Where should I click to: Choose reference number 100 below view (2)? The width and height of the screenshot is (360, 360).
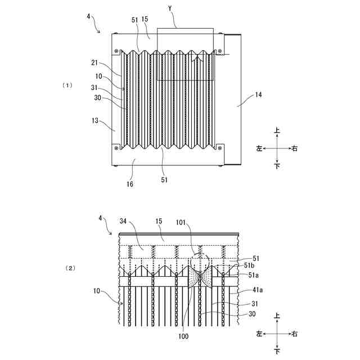pyautogui.click(x=183, y=336)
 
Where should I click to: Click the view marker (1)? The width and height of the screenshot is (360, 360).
pyautogui.click(x=67, y=85)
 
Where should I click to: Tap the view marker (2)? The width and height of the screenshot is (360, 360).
pyautogui.click(x=70, y=268)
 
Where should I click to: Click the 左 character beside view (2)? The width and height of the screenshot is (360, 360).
pyautogui.click(x=259, y=334)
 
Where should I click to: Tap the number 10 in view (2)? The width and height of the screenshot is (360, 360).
pyautogui.click(x=98, y=291)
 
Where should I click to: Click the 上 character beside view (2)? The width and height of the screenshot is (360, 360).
pyautogui.click(x=277, y=317)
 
